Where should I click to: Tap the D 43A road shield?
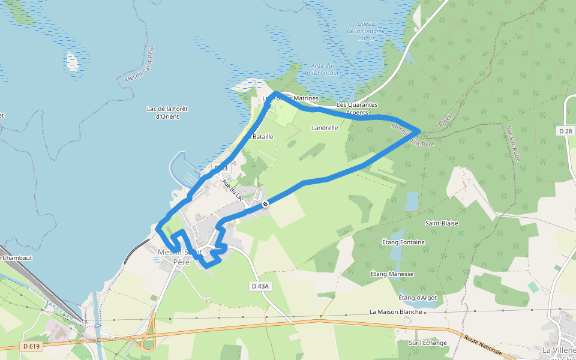click(260, 286)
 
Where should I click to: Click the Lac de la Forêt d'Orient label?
click(167, 112)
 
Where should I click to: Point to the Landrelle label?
click(325, 128)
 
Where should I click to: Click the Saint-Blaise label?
click(442, 223)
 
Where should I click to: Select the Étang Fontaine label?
click(403, 242)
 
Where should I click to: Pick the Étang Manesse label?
click(392, 274)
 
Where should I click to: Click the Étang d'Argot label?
click(418, 298)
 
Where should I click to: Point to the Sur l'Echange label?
click(428, 343)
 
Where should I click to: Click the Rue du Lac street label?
click(232, 190)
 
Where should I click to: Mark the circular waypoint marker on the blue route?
click(265, 204)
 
